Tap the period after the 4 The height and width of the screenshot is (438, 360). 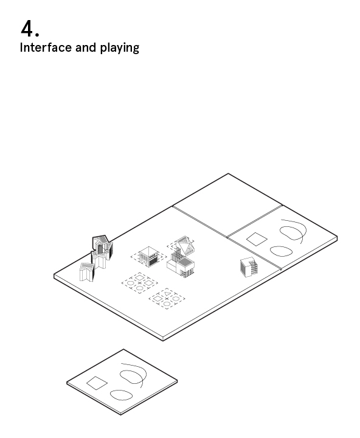(x=38, y=34)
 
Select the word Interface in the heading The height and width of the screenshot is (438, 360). (x=46, y=47)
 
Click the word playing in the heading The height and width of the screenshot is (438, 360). (x=120, y=48)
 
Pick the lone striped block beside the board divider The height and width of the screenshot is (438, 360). (x=248, y=267)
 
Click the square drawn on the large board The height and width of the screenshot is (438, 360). (x=257, y=239)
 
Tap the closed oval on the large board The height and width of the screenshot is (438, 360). (x=282, y=251)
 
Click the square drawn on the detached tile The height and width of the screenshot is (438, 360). (x=97, y=383)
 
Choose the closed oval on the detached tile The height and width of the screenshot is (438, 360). (x=122, y=395)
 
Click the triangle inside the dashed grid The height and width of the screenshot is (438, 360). (x=167, y=294)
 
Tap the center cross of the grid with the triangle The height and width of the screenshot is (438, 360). (x=167, y=299)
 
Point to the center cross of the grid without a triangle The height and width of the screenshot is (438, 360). (x=140, y=283)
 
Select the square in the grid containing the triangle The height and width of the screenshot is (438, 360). (x=158, y=299)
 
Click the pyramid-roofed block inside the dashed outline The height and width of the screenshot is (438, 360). (x=149, y=257)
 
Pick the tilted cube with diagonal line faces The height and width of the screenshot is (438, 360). (x=184, y=245)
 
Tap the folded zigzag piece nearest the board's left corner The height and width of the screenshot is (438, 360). (x=87, y=272)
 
